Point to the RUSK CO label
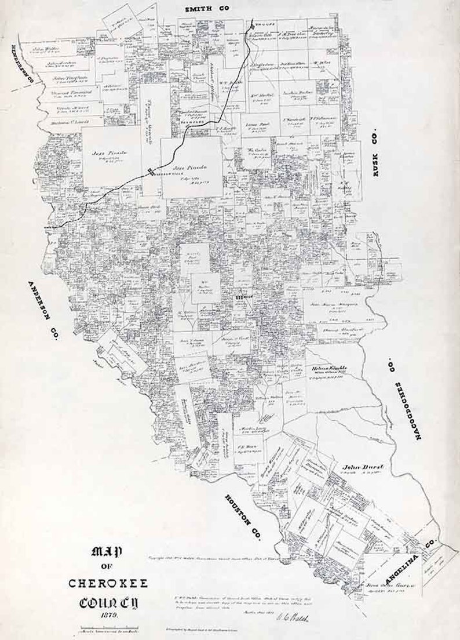[381, 158]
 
